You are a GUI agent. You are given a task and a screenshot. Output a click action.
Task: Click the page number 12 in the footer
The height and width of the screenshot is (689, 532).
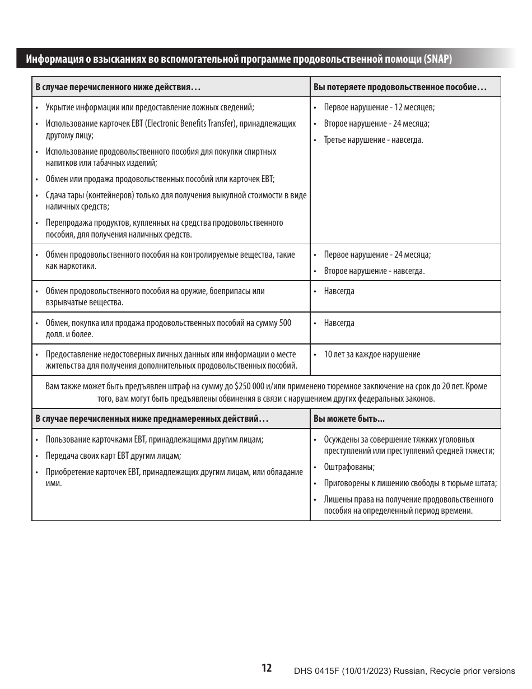pyautogui.click(x=267, y=668)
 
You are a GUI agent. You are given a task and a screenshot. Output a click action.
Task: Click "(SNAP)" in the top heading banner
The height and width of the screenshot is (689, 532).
pyautogui.click(x=438, y=59)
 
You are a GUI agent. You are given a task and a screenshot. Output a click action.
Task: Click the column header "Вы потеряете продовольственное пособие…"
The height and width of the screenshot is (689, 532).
pyautogui.click(x=400, y=87)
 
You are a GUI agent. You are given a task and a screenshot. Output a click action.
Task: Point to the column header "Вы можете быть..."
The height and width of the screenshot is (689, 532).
pyautogui.click(x=349, y=419)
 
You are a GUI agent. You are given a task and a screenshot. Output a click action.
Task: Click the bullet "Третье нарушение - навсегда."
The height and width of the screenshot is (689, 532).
pyautogui.click(x=374, y=140)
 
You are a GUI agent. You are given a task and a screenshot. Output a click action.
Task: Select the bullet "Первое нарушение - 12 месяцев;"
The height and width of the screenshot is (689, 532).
pyautogui.click(x=379, y=108)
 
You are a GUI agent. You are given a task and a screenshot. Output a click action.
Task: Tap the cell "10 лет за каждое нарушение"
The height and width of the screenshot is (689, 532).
pyautogui.click(x=372, y=355)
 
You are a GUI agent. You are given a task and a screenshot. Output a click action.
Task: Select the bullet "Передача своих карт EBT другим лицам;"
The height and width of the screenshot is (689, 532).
pyautogui.click(x=113, y=456)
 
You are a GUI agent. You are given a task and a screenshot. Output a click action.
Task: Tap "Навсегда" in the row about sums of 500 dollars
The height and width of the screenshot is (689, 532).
pyautogui.click(x=339, y=323)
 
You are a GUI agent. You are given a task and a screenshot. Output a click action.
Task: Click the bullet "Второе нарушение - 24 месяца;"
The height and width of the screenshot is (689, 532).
pyautogui.click(x=377, y=124)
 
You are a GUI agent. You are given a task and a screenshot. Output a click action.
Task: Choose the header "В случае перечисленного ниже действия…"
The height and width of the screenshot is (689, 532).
pyautogui.click(x=118, y=87)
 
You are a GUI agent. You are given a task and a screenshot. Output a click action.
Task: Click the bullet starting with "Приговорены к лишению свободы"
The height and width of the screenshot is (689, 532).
pyautogui.click(x=410, y=483)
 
